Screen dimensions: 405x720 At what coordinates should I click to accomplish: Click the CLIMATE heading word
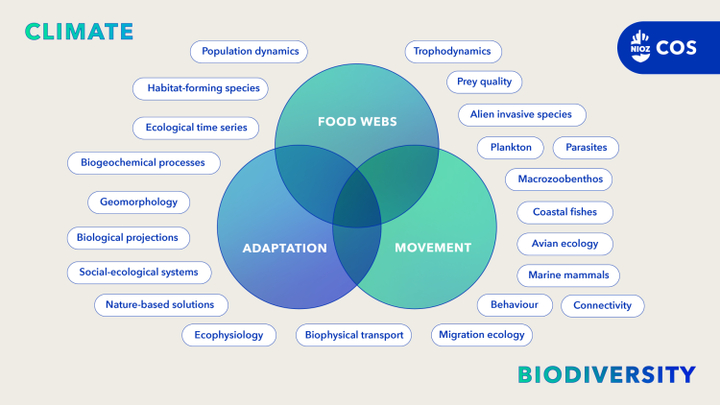coord(79,31)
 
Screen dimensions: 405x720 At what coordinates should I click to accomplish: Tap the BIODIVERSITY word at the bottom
coord(606,374)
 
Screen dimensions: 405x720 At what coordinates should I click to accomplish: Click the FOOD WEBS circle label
coord(357,122)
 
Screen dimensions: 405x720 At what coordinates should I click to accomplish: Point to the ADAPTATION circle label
coord(285,248)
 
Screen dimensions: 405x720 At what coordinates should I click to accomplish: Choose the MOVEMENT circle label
coord(433,248)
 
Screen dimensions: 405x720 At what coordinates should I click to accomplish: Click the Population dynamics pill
coord(250,51)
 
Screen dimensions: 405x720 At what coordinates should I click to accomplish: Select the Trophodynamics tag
coord(452,51)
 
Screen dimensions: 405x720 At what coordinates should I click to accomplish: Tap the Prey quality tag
coord(484,82)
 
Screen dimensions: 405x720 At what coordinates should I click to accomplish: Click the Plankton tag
coord(511,147)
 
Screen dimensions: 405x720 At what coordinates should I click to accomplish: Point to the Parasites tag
coord(586,147)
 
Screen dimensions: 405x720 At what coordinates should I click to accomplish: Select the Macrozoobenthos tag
coord(558,179)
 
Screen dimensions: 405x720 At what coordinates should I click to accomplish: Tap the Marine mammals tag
coord(568,274)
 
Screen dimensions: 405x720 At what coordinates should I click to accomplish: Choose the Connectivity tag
coord(602,305)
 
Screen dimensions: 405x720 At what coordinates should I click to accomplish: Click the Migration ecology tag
coord(481,334)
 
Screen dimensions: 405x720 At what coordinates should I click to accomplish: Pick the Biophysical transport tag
coord(354,334)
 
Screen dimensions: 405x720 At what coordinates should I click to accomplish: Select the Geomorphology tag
coord(139,202)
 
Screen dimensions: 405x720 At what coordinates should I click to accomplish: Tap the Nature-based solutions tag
coord(160,304)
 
